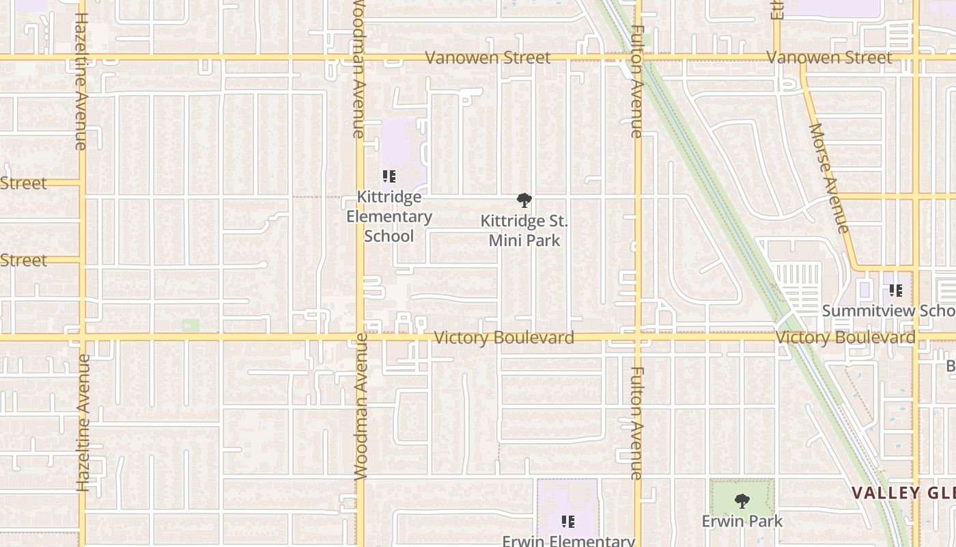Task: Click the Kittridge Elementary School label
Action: (389, 217)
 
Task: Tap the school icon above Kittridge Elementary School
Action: (389, 176)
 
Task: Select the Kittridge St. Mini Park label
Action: (524, 230)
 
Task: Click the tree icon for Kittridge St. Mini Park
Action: (524, 200)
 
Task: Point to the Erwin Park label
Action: (742, 521)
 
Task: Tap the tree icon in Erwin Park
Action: (742, 501)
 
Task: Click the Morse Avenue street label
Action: (829, 178)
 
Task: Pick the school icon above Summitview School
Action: (896, 291)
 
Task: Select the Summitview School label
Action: (888, 310)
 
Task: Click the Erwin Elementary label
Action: (569, 541)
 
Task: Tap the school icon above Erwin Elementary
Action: (568, 522)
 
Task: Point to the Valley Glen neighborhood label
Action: (903, 493)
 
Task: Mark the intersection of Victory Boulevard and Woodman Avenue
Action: (360, 337)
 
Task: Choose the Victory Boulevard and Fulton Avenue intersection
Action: (638, 337)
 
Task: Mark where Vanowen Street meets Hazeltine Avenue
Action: (82, 57)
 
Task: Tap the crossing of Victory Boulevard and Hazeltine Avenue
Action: (82, 337)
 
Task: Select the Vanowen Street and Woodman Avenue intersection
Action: (360, 57)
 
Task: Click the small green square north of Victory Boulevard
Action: (191, 325)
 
